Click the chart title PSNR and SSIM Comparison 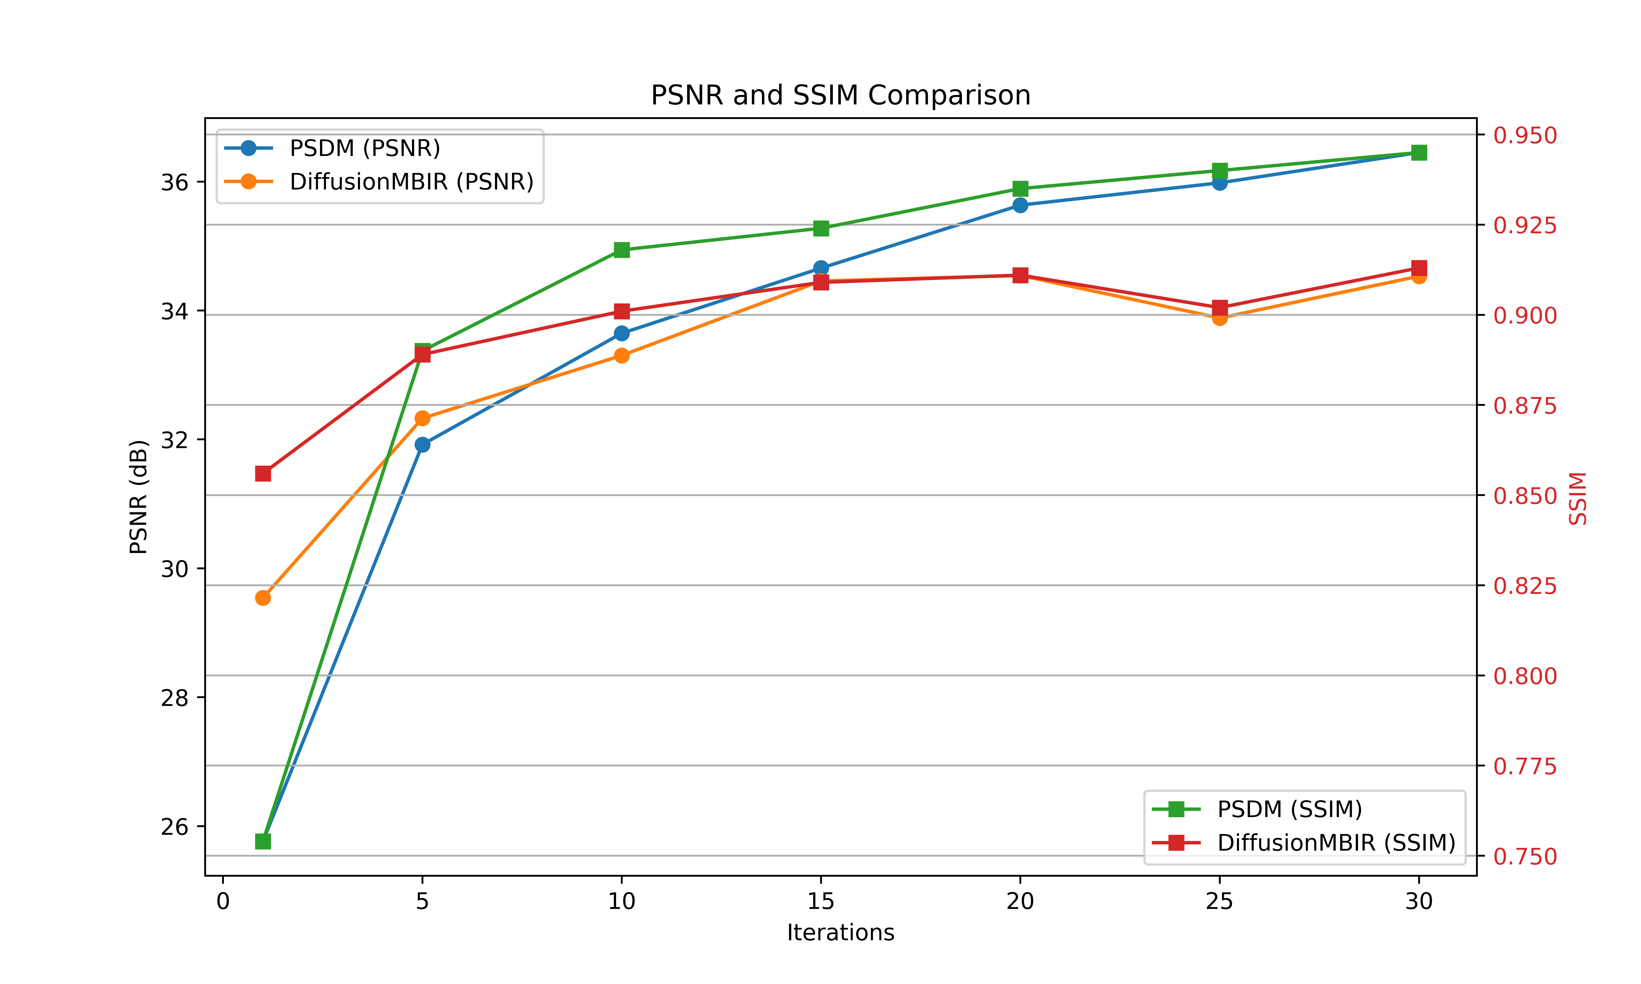tap(840, 95)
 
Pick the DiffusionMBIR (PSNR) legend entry tap(411, 182)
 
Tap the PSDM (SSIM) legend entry tap(1289, 809)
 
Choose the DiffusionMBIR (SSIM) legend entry tap(1336, 843)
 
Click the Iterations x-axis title tap(840, 933)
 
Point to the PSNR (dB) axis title tap(138, 497)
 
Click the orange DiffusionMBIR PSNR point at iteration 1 tap(263, 598)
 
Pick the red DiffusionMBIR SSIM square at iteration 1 tap(263, 473)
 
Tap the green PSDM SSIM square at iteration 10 tap(622, 250)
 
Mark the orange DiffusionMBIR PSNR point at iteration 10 tap(622, 355)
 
